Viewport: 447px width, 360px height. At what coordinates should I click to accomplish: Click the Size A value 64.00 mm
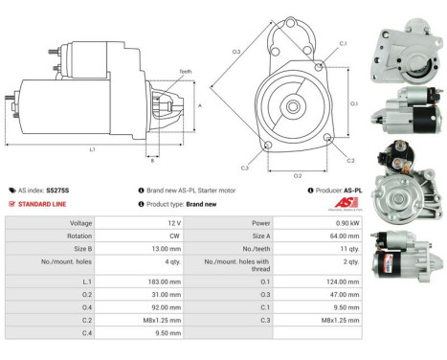click(x=342, y=234)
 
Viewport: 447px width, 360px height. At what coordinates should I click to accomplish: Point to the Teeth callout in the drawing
click(x=184, y=72)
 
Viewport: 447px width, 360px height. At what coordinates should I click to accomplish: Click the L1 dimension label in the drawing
click(x=92, y=149)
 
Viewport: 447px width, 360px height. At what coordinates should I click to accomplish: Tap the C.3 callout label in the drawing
click(x=245, y=168)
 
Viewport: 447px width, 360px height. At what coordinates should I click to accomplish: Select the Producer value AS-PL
click(x=355, y=190)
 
